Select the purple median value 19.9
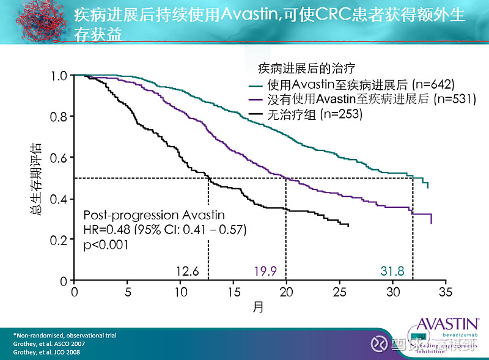pyautogui.click(x=265, y=271)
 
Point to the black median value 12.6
pyautogui.click(x=187, y=271)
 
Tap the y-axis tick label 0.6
pyautogui.click(x=59, y=158)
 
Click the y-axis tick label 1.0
pyautogui.click(x=59, y=76)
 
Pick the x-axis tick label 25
pyautogui.click(x=339, y=292)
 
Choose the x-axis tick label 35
pyautogui.click(x=446, y=292)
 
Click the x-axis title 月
pyautogui.click(x=258, y=307)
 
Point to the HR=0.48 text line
pyautogui.click(x=164, y=230)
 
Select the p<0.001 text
pyautogui.click(x=106, y=244)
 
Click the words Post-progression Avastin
pyautogui.click(x=154, y=215)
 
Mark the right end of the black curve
pyautogui.click(x=348, y=226)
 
